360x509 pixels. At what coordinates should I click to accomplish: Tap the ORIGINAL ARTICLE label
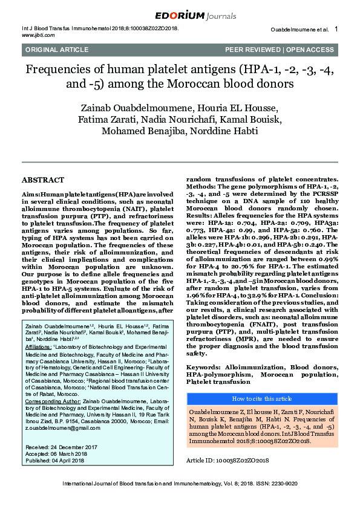(x=49, y=50)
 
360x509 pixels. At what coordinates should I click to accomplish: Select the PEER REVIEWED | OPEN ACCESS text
(x=280, y=50)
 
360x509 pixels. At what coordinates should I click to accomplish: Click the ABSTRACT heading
(x=42, y=180)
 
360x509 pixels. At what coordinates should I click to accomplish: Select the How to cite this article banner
(x=262, y=398)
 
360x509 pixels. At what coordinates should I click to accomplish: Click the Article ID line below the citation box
(x=227, y=460)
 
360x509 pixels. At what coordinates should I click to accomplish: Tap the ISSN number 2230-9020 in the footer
(x=281, y=484)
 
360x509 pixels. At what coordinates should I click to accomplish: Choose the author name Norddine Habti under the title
(x=227, y=131)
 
